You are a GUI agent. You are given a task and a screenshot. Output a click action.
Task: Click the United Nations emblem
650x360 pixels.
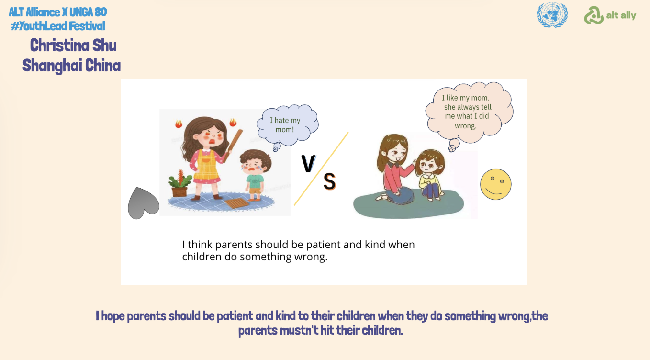point(552,15)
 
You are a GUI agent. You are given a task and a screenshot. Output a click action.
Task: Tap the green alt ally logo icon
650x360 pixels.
point(594,15)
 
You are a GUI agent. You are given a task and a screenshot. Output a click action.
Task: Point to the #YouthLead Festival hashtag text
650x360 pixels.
point(58,26)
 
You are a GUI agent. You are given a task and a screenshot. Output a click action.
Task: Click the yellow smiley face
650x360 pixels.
point(495,184)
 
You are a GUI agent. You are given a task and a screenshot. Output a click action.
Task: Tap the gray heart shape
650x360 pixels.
point(143,203)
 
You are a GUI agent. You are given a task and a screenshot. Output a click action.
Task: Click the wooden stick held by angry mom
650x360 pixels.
point(233,146)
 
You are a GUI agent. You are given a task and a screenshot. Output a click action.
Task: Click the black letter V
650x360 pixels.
point(308,164)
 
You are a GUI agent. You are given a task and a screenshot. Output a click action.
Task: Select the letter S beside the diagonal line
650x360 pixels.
point(329,181)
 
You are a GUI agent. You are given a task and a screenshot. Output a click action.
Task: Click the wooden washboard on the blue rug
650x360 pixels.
point(236,203)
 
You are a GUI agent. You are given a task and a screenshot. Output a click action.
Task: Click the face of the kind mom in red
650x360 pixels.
point(396,154)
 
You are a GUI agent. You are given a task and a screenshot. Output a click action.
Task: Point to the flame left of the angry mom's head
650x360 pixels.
point(179,124)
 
